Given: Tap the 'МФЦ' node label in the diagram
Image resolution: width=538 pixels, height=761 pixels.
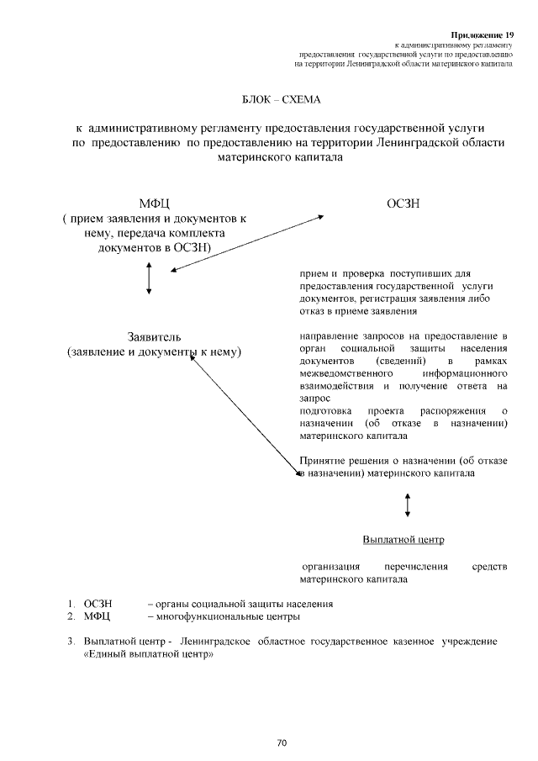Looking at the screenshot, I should tap(155, 203).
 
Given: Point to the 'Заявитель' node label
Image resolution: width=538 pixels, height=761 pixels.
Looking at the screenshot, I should tap(154, 336).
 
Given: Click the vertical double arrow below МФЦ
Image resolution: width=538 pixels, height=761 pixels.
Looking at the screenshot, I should tap(149, 278).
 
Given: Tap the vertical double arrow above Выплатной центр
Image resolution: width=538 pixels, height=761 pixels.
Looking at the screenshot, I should tap(408, 504).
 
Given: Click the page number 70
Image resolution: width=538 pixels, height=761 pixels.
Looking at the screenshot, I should tap(282, 743).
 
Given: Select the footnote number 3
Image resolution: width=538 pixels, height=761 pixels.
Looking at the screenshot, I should tap(71, 642).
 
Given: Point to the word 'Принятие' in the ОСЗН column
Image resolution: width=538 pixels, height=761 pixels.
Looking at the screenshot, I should tap(320, 460).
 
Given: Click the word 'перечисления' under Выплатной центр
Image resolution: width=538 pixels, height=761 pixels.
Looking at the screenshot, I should tap(416, 567).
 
